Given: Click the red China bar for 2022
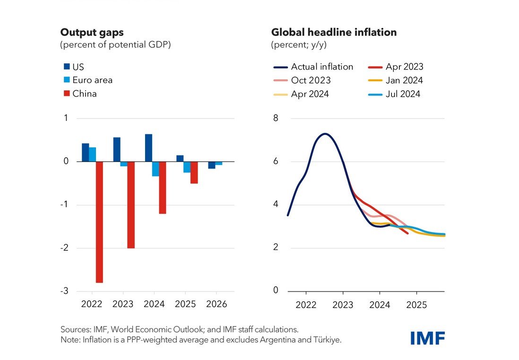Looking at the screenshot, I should click(99, 222).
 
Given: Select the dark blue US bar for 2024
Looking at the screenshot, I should click(148, 148).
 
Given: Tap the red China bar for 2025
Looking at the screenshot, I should click(194, 172).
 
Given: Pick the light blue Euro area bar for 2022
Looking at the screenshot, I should click(93, 154).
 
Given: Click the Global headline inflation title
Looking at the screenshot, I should click(334, 33).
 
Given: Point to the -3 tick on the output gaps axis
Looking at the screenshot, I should click(65, 291).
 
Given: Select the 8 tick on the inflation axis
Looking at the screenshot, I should click(276, 118).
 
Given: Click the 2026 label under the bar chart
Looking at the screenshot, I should click(217, 304).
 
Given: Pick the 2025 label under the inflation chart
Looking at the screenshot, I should click(416, 305).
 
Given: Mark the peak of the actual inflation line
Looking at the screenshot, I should click(325, 134).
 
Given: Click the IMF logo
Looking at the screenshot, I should click(428, 338).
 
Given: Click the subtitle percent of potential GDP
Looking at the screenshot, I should click(115, 45).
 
